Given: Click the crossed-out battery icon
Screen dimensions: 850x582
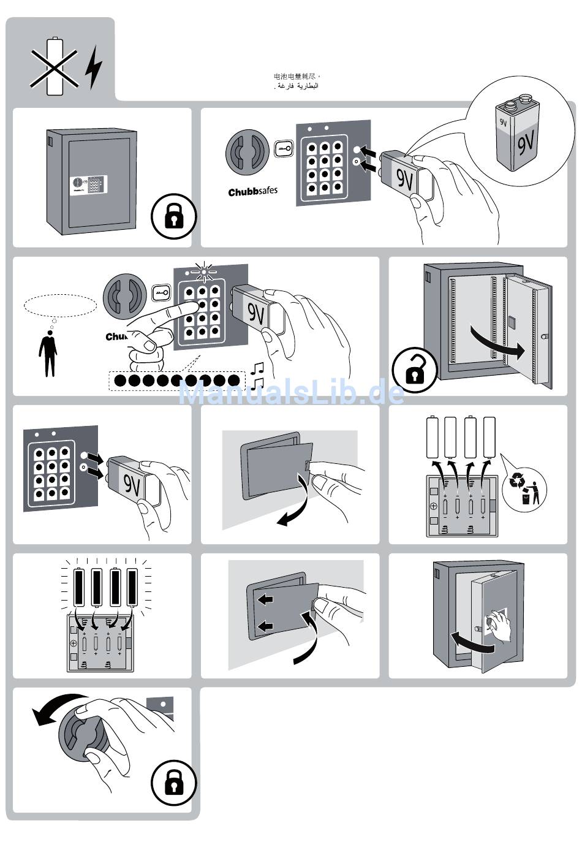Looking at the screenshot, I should pyautogui.click(x=55, y=66).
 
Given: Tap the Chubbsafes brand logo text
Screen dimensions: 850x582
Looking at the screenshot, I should pyautogui.click(x=252, y=191).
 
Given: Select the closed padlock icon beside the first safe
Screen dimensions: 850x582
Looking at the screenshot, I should pyautogui.click(x=173, y=216).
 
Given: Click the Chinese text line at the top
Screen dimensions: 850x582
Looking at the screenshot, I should pyautogui.click(x=297, y=77).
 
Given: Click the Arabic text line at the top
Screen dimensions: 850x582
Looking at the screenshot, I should pyautogui.click(x=297, y=86).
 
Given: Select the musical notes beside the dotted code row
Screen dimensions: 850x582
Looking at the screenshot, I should pyautogui.click(x=258, y=374).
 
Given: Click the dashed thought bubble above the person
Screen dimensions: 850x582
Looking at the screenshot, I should pyautogui.click(x=61, y=305).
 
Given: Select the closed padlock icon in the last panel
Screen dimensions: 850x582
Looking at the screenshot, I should pyautogui.click(x=173, y=782).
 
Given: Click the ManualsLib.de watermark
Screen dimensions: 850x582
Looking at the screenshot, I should pyautogui.click(x=291, y=392).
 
